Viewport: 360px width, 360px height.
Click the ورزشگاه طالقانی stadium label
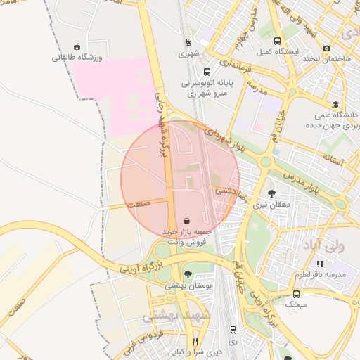(x=77, y=57)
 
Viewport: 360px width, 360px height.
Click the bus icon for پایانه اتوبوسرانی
(x=206, y=72)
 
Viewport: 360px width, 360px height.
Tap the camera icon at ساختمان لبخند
(x=326, y=48)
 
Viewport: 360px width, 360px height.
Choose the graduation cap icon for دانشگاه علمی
(x=318, y=103)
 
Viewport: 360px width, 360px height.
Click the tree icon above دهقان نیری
(x=271, y=193)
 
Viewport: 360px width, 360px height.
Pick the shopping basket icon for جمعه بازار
(x=185, y=220)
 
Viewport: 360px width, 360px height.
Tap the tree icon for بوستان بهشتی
(x=188, y=274)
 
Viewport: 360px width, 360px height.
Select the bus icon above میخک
(x=296, y=294)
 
